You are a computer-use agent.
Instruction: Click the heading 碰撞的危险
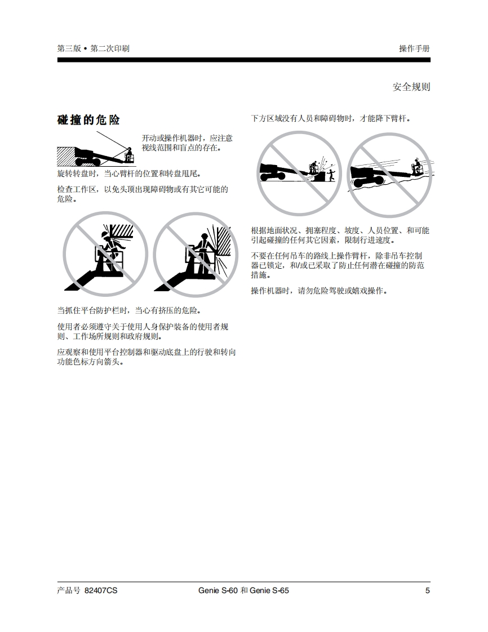[x=88, y=120]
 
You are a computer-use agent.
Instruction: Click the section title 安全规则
[x=411, y=87]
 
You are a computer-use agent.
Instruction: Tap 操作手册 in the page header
[x=414, y=48]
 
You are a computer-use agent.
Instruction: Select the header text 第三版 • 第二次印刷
[x=93, y=48]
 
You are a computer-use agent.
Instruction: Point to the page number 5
[x=428, y=590]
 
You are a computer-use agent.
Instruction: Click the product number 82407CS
[x=101, y=590]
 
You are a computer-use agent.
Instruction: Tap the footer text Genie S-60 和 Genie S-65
[x=243, y=590]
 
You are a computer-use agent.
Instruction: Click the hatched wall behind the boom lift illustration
[x=66, y=157]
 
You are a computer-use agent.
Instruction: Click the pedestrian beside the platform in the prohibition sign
[x=331, y=175]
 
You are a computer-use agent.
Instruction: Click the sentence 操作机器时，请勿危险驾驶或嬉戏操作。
[x=319, y=291]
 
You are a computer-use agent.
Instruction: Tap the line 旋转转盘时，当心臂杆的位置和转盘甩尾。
[x=129, y=173]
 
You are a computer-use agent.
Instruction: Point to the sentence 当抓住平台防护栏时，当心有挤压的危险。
[x=129, y=310]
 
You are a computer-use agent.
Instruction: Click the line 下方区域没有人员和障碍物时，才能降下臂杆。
[x=331, y=118]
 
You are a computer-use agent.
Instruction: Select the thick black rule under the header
[x=243, y=60]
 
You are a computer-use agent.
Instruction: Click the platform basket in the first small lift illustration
[x=129, y=157]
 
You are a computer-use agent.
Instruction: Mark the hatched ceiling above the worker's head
[x=121, y=231]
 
